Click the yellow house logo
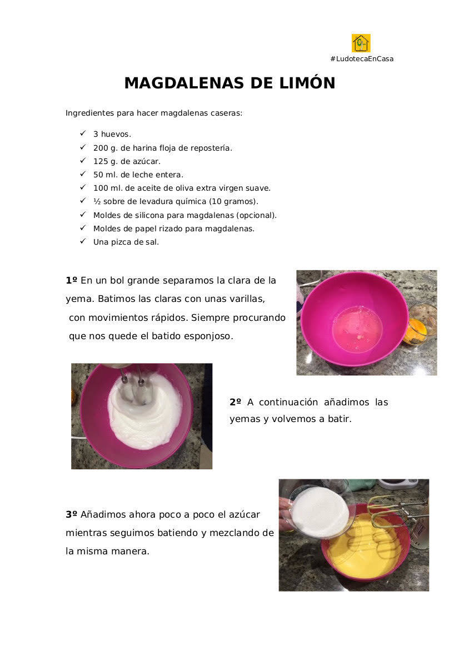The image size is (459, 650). [361, 43]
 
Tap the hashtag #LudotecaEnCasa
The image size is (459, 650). [362, 59]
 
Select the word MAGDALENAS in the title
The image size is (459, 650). [184, 83]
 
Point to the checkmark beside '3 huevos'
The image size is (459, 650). [83, 133]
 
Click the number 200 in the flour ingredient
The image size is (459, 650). [100, 148]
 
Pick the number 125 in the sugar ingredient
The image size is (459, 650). [100, 161]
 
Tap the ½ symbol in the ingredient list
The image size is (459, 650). [97, 201]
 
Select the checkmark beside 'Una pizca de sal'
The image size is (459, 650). [83, 241]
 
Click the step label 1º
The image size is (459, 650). [71, 281]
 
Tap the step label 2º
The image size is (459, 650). [235, 402]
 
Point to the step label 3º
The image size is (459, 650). [71, 514]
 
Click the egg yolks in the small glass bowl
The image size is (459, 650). [416, 330]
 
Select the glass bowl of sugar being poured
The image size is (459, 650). [320, 512]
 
